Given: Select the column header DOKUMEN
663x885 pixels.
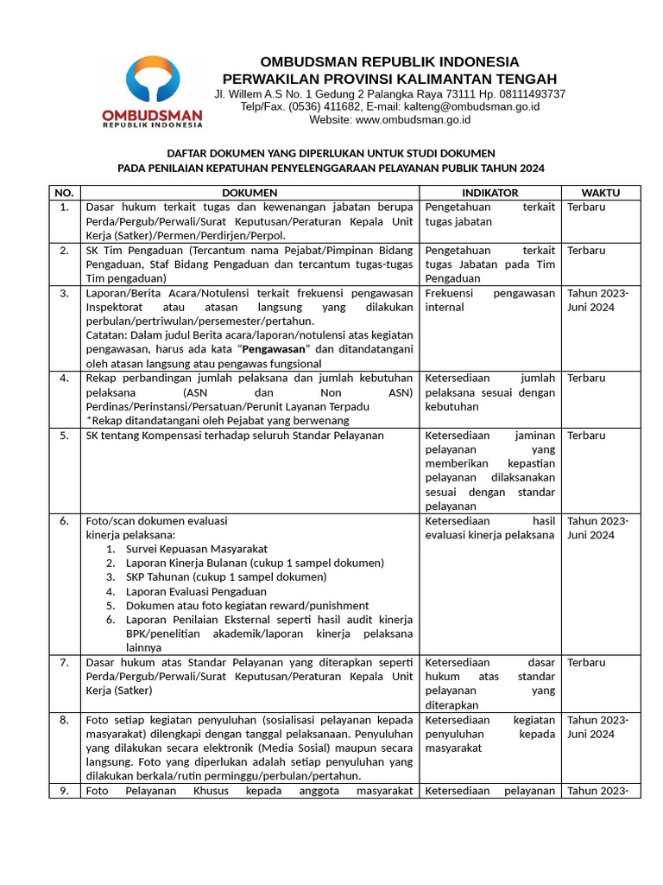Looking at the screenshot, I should [x=249, y=193].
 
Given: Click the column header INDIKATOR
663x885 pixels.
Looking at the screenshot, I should [x=489, y=193].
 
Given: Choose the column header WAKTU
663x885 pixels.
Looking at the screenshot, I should [x=600, y=193].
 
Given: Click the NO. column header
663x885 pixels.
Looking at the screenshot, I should [x=65, y=193].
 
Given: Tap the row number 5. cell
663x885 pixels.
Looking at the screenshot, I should [x=65, y=436].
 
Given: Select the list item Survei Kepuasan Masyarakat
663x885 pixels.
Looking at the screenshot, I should [x=197, y=549].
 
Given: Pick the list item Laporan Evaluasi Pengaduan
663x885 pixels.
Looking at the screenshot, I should [x=196, y=591].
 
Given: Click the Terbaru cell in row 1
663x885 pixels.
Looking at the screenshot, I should [x=586, y=207].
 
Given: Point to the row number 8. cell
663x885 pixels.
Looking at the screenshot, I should [x=65, y=720].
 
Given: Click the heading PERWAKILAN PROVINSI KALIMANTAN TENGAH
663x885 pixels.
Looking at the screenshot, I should [x=389, y=79].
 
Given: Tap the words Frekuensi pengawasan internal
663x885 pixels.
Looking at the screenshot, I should [x=489, y=300].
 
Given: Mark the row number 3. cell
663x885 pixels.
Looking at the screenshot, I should [x=65, y=294].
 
